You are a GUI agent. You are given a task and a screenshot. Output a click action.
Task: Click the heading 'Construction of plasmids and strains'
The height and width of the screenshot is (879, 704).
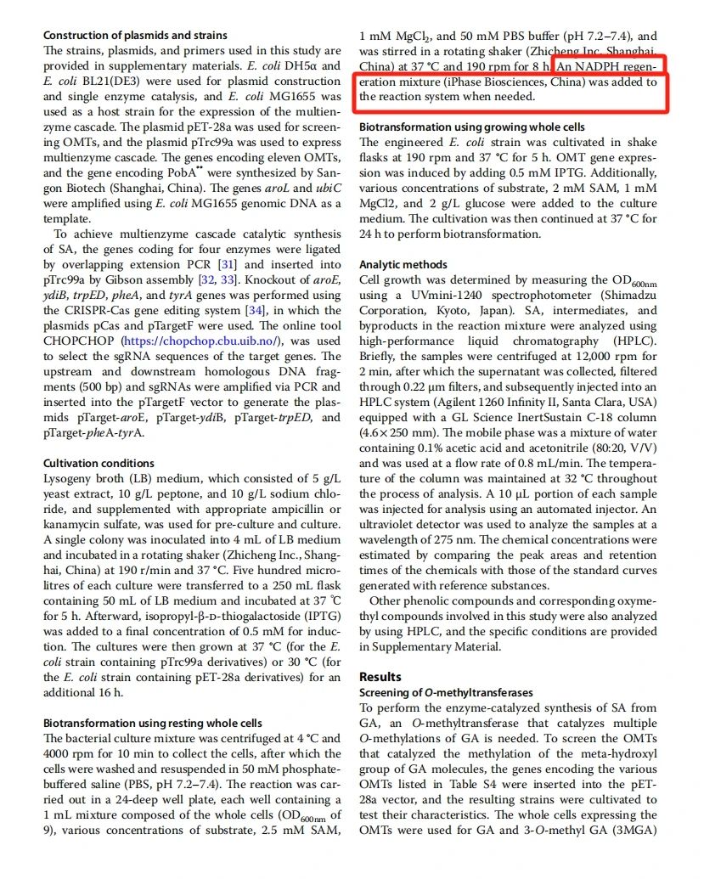[x=135, y=36]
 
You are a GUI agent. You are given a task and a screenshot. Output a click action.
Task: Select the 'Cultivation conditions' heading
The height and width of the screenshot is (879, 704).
[x=99, y=463]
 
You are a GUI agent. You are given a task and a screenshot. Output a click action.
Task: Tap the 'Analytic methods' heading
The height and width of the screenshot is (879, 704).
[x=403, y=265]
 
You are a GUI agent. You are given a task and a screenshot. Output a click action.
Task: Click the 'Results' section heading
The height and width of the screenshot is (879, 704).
[x=380, y=677]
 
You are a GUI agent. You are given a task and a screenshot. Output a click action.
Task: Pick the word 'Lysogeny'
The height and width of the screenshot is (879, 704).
[x=68, y=479]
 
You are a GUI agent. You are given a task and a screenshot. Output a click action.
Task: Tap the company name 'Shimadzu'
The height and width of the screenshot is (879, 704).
[x=624, y=296]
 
